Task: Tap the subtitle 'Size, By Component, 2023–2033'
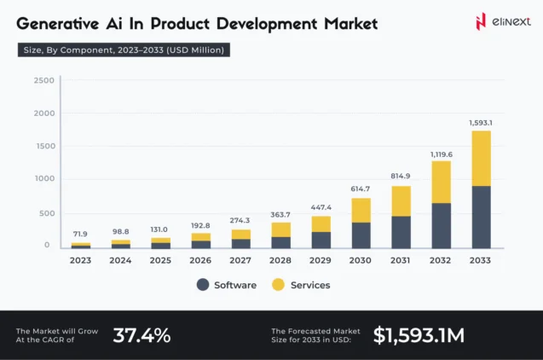point(124,50)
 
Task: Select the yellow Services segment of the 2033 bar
point(481,158)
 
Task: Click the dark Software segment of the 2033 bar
point(481,217)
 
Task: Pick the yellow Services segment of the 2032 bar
point(442,182)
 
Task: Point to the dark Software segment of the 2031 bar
point(401,231)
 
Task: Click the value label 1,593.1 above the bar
point(481,123)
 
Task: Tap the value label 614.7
point(361,189)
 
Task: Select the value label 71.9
point(80,234)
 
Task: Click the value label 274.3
point(240,220)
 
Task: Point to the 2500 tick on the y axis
point(44,80)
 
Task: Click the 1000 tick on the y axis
point(44,178)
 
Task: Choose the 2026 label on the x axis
point(200,260)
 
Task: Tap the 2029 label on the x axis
point(321,260)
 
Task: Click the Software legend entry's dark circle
point(203,285)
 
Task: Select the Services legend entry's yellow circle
point(278,285)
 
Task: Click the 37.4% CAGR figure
point(142,335)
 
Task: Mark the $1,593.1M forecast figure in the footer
point(419,335)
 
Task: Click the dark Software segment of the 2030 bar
point(361,235)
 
